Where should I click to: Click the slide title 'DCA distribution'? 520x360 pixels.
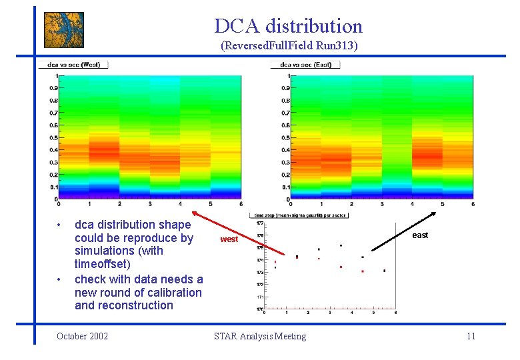click(x=288, y=26)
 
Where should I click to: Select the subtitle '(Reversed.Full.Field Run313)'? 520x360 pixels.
click(x=289, y=46)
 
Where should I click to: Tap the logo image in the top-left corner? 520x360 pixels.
click(x=64, y=30)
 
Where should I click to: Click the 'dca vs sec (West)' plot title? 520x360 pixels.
click(x=73, y=65)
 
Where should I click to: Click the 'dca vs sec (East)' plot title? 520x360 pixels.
click(x=306, y=65)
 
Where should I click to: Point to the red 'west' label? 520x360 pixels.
click(x=229, y=239)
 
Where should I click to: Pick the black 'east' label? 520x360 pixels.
click(x=420, y=235)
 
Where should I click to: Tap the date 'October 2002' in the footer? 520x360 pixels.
click(x=83, y=336)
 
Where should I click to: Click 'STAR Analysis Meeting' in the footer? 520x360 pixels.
click(x=260, y=336)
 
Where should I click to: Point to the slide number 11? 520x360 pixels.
click(x=471, y=336)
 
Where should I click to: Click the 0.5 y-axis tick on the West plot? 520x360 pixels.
click(x=52, y=137)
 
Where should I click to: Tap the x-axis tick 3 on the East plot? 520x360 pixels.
click(x=381, y=203)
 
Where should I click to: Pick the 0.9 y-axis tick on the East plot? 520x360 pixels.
click(x=285, y=88)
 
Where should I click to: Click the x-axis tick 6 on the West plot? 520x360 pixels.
click(x=241, y=203)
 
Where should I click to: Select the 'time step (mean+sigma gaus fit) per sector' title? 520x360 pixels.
click(x=298, y=215)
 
